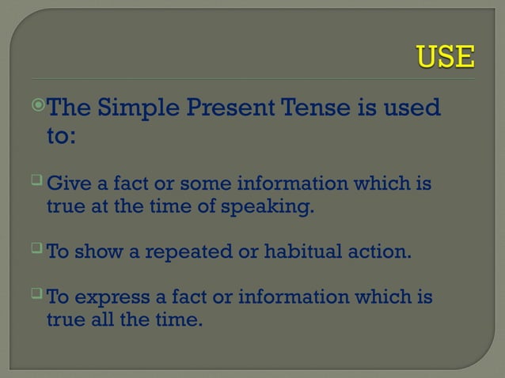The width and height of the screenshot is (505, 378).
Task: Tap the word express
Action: pos(108,299)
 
